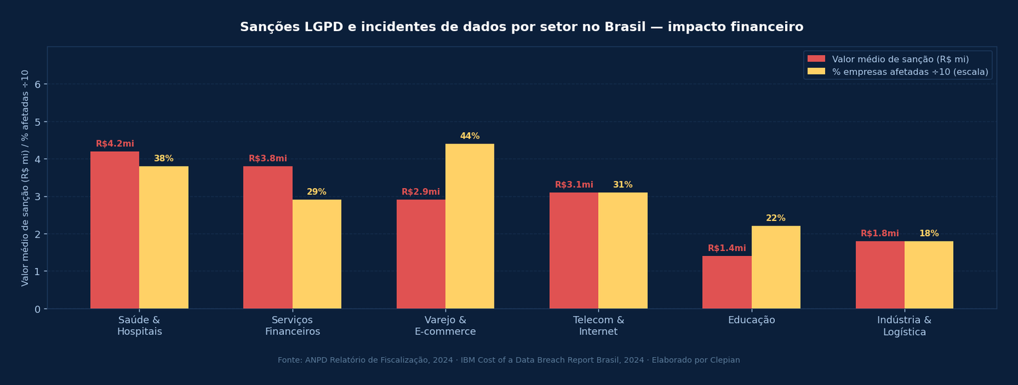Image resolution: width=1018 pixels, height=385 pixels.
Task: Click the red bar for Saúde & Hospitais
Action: coord(115,230)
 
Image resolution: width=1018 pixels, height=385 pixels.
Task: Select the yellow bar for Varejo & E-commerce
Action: coord(470,226)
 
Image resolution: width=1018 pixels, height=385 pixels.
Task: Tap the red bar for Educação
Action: coord(727,282)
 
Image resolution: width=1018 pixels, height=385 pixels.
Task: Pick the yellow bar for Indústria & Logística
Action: coord(928,274)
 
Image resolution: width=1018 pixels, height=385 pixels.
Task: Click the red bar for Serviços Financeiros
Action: coord(267,238)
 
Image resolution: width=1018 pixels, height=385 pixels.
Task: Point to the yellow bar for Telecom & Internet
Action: coord(622,250)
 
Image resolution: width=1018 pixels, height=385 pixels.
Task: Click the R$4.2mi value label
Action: coord(115,144)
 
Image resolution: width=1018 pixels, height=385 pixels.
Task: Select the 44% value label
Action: coord(470,137)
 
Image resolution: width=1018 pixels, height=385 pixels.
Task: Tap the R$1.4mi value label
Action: coord(727,248)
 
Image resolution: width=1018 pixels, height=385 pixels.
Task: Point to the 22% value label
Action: coord(776,219)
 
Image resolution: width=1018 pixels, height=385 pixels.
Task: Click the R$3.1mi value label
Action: coord(574,185)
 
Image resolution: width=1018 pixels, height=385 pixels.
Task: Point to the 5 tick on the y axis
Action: coord(38,121)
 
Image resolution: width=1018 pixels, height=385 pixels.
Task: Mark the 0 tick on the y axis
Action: coord(38,309)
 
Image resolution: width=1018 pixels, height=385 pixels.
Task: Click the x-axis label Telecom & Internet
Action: coord(598,325)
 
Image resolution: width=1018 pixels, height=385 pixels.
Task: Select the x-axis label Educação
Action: coord(751,320)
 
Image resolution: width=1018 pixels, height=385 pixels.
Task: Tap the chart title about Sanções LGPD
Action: coord(521,27)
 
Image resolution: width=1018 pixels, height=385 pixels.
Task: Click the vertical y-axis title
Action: coord(25,178)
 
